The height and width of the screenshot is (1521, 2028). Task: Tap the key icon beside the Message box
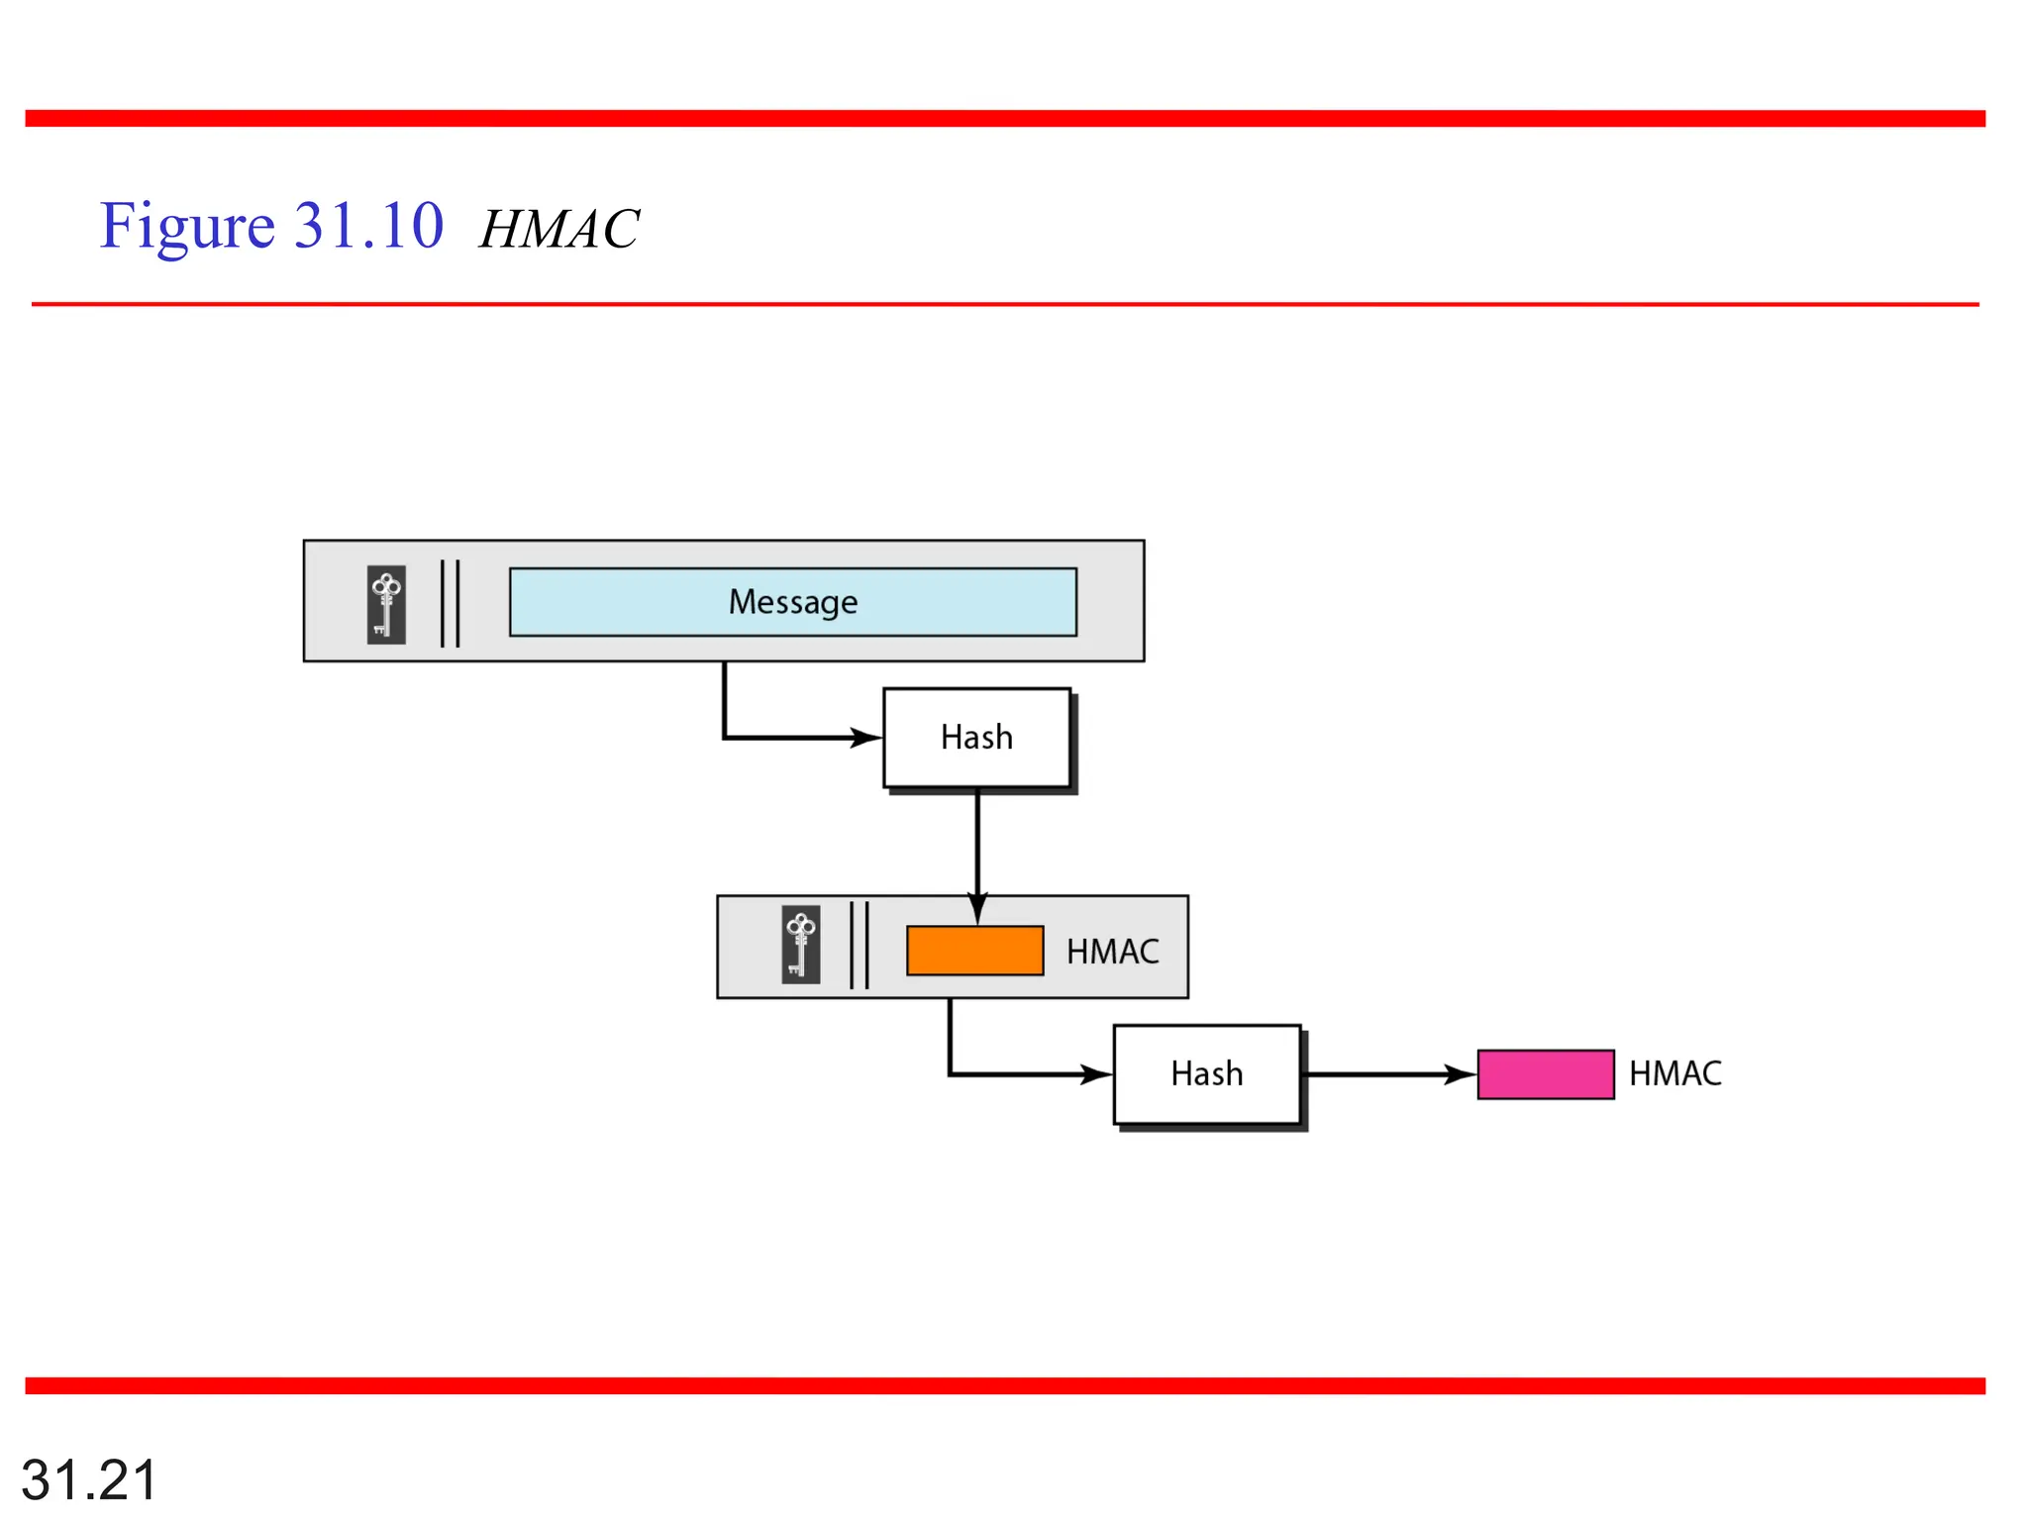[386, 604]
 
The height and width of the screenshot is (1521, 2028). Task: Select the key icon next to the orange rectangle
[800, 944]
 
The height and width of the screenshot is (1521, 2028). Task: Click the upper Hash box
[976, 738]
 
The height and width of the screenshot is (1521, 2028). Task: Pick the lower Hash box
[1206, 1073]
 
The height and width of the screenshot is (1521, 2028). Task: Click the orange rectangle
[974, 951]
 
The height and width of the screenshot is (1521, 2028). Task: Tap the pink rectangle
[1545, 1074]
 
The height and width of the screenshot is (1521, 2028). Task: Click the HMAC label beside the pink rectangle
[1674, 1073]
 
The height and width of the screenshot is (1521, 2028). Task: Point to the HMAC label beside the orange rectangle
[1112, 952]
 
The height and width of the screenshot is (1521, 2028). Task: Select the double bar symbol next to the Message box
[451, 603]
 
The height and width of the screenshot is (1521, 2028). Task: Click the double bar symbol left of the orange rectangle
[860, 945]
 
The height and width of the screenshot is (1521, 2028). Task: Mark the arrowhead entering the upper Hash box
[866, 738]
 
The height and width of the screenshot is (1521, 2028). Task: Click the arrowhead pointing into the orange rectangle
[977, 909]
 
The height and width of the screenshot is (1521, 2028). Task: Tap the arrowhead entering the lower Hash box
[1096, 1074]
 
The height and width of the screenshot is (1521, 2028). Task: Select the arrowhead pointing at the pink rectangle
[1461, 1074]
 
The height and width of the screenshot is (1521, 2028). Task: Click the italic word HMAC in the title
[559, 230]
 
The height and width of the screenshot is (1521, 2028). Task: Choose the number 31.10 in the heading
[369, 226]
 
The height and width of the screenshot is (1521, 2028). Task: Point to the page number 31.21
[89, 1480]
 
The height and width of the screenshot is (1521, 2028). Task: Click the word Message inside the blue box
[793, 602]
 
